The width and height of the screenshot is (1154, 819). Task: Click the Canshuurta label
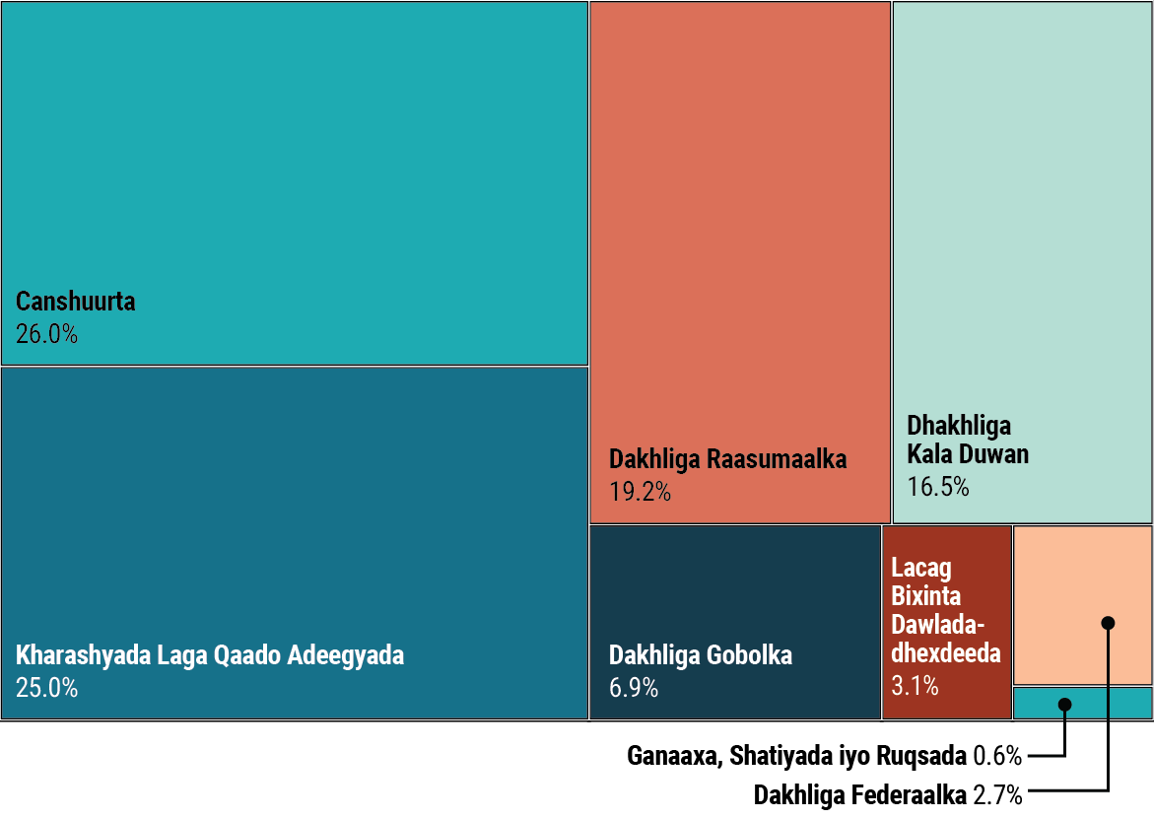[x=76, y=302]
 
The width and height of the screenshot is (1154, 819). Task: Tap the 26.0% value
[x=46, y=334]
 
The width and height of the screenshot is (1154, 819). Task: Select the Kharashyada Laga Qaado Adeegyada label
[x=210, y=655]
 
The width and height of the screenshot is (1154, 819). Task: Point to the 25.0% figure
[x=46, y=688]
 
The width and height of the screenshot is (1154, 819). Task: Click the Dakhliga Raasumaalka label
[x=727, y=459]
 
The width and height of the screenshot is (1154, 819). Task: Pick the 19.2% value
[x=640, y=492]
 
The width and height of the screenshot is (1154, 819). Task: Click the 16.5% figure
[x=938, y=487]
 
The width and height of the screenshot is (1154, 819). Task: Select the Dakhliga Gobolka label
[x=701, y=655]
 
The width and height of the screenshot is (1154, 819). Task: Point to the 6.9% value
[x=634, y=688]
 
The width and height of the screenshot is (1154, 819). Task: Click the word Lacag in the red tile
[x=921, y=568]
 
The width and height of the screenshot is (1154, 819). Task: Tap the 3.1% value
[x=916, y=686]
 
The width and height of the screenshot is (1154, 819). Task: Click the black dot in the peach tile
[x=1108, y=623]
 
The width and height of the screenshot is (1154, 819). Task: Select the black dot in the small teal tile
[x=1064, y=704]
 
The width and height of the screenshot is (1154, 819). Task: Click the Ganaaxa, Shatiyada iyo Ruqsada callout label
[x=797, y=757]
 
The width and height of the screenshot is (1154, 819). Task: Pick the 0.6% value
[x=997, y=757]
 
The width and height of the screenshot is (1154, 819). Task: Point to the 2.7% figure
[x=997, y=794]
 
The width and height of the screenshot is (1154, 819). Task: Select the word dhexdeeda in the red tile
[x=946, y=653]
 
